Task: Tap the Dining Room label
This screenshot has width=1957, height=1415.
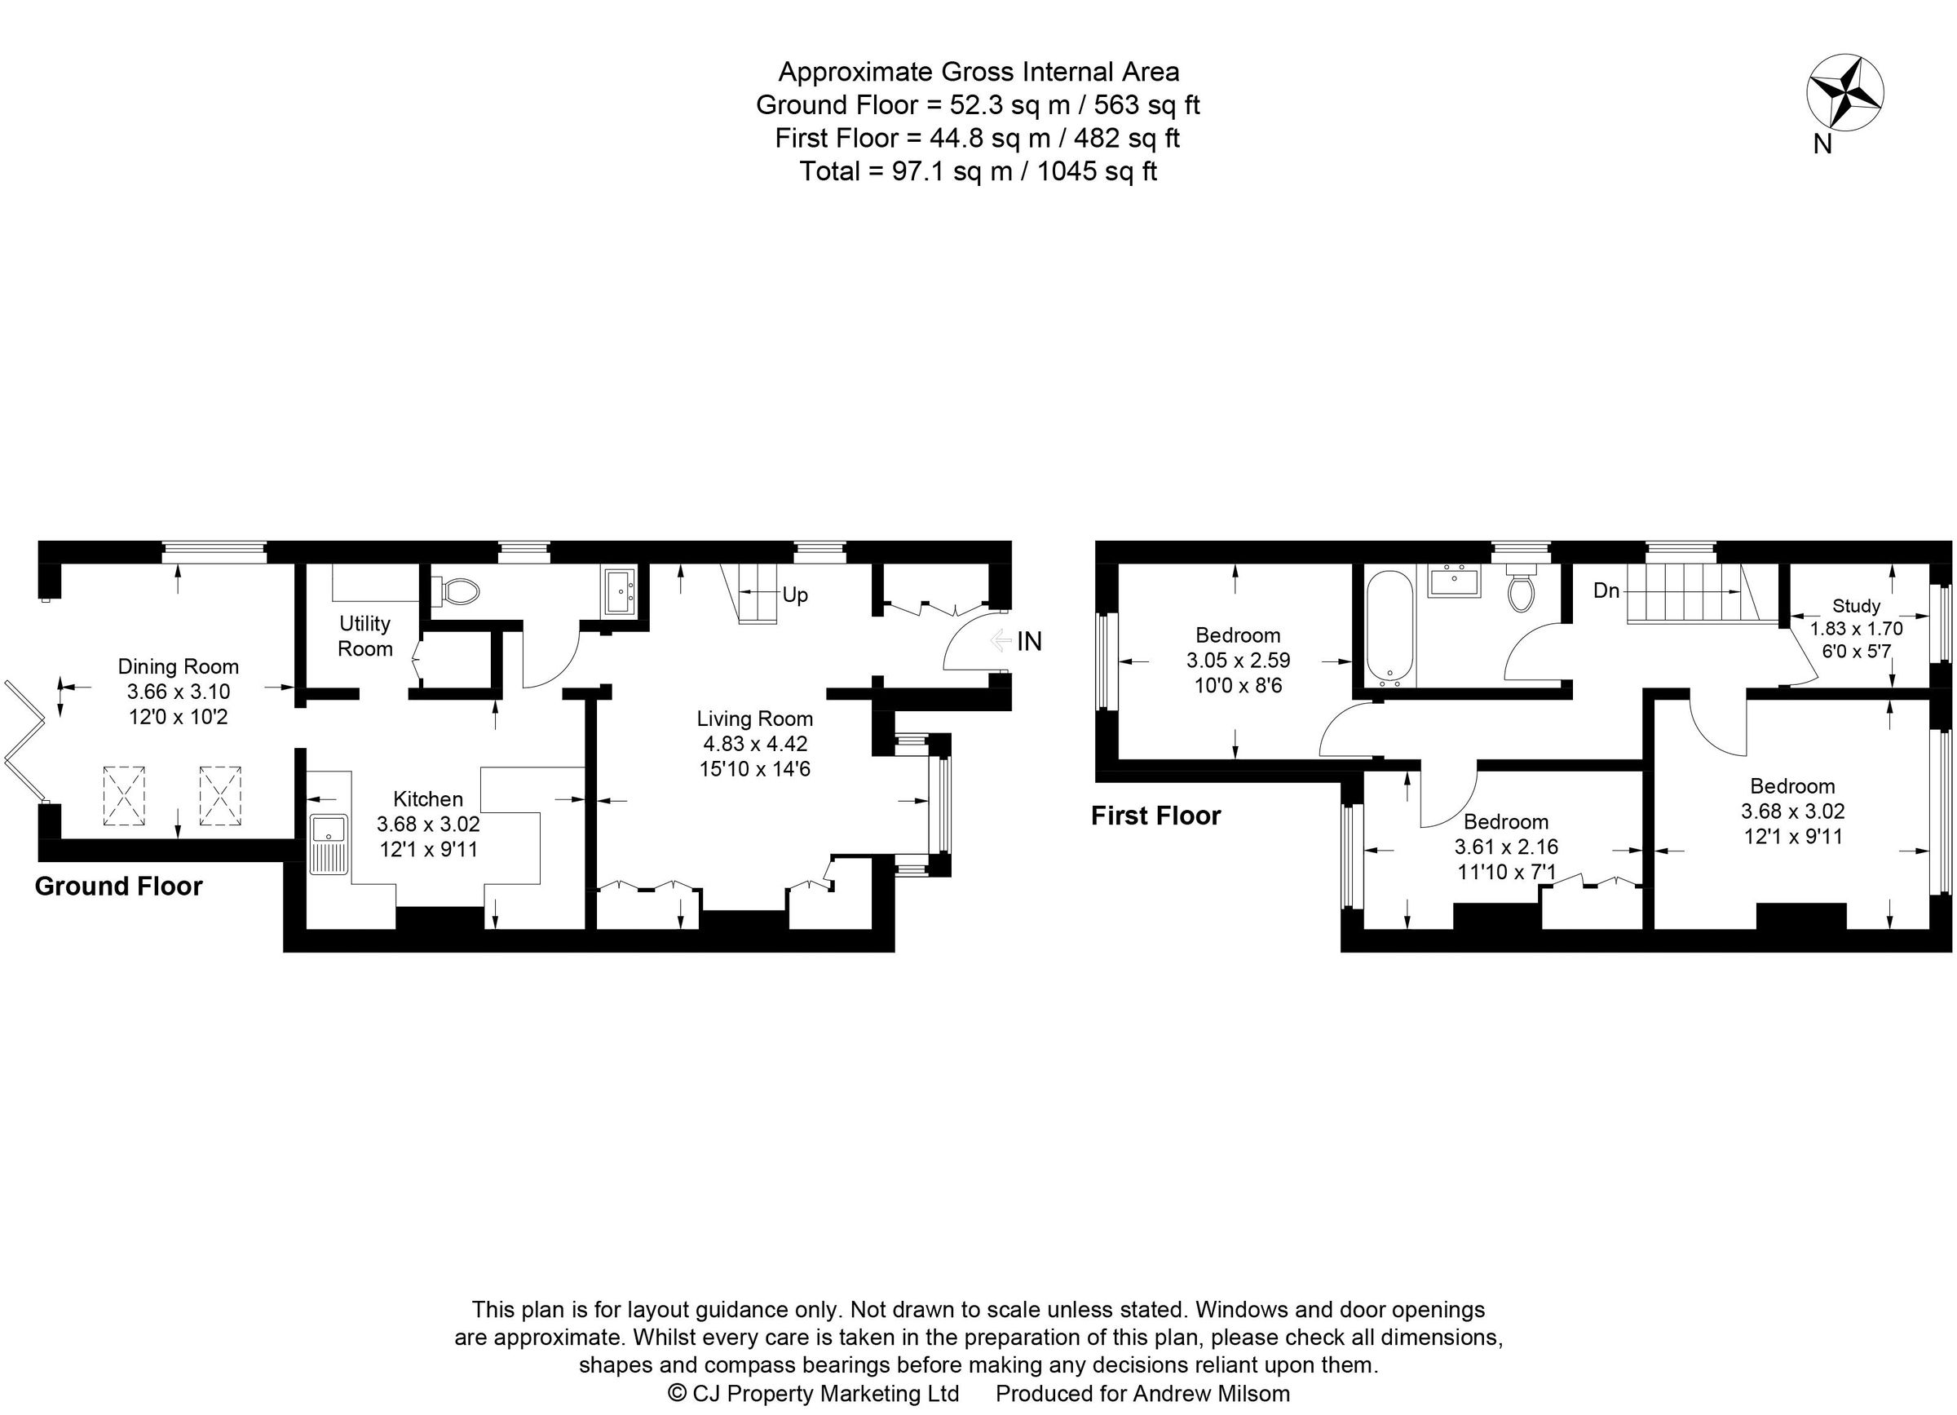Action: [x=178, y=666]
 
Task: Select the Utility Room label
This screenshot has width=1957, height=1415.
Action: [x=365, y=636]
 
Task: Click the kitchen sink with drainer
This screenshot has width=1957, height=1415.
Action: [x=329, y=843]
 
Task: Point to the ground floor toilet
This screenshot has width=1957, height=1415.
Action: [x=459, y=592]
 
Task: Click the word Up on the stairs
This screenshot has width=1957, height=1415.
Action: [x=795, y=595]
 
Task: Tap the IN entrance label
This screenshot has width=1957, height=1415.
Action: [x=1029, y=641]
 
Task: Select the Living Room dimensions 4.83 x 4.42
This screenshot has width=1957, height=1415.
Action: [x=755, y=743]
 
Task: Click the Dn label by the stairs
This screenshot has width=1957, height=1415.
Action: [x=1606, y=591]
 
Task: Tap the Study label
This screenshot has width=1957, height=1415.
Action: [x=1856, y=606]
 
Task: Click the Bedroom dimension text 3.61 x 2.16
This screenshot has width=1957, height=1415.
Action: [x=1507, y=847]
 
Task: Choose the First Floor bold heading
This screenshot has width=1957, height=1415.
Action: [x=1155, y=816]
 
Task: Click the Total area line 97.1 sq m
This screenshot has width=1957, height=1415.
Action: [x=978, y=170]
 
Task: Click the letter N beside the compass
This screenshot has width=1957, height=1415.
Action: [x=1822, y=144]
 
